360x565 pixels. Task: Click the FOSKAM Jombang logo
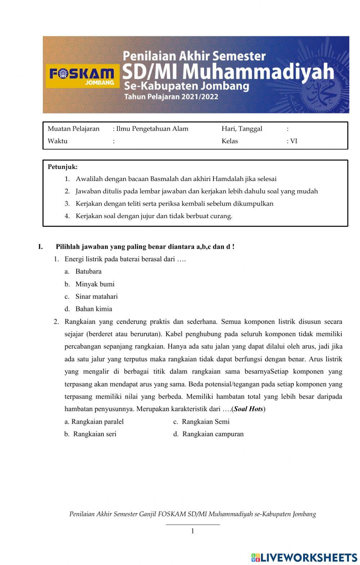[81, 77]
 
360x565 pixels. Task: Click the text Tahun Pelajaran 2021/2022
[171, 97]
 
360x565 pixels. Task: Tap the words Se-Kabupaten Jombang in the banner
[186, 86]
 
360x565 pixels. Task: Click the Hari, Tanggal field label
[242, 129]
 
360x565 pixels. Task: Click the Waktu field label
[58, 141]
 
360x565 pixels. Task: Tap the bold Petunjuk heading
[63, 167]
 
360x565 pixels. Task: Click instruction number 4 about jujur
[154, 216]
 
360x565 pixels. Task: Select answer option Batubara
[88, 271]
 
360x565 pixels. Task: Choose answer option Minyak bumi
[95, 284]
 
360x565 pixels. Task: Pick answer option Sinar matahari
[96, 297]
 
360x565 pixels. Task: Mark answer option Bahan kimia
[94, 309]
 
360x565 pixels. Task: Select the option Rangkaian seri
[95, 434]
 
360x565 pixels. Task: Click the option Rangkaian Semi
[205, 421]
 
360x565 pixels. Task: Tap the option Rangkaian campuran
[213, 434]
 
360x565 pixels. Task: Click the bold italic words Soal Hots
[248, 409]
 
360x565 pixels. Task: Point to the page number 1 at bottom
[193, 531]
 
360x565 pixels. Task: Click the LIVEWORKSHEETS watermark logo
[304, 557]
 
